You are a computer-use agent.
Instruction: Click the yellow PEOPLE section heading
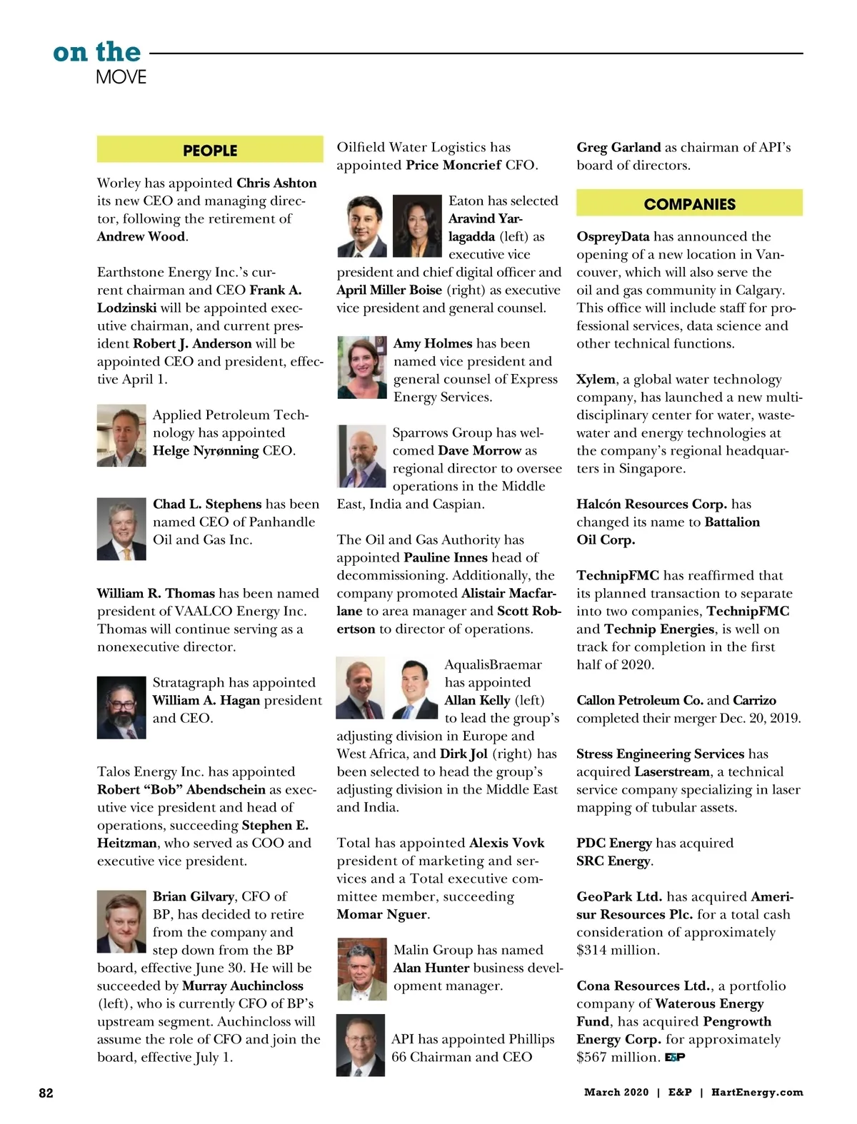[209, 151]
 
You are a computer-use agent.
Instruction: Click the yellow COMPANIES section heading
[689, 204]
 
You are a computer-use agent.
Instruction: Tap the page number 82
[46, 1093]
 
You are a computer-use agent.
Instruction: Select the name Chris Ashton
[276, 183]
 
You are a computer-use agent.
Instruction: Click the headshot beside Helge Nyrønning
[121, 435]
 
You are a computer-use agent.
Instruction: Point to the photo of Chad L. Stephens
[121, 528]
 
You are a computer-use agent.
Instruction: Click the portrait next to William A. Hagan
[121, 707]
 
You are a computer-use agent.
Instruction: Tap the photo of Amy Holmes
[361, 367]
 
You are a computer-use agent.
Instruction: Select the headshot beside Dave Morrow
[361, 457]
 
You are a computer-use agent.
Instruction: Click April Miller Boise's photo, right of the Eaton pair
[417, 226]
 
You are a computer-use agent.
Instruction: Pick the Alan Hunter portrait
[361, 968]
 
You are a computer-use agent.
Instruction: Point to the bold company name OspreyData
[613, 237]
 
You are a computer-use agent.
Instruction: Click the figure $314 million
[617, 951]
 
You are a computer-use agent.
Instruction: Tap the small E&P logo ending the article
[675, 1057]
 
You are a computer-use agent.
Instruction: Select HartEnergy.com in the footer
[757, 1093]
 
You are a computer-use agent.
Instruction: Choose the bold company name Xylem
[596, 380]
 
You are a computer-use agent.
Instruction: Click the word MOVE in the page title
[121, 77]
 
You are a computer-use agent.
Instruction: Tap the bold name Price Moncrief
[453, 166]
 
